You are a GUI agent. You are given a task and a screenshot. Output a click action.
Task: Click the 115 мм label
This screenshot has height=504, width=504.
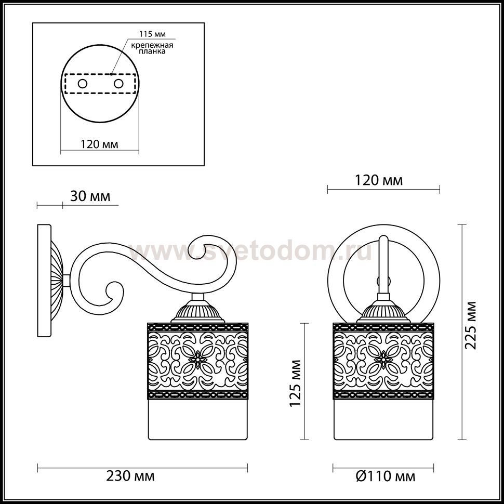click(x=152, y=34)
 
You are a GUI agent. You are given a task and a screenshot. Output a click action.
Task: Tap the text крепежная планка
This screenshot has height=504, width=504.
click(x=152, y=48)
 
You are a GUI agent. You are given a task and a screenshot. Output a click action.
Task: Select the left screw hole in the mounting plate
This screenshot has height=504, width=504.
click(x=82, y=84)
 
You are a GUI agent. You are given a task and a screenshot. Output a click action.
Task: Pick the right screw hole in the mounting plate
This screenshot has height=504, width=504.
click(x=118, y=84)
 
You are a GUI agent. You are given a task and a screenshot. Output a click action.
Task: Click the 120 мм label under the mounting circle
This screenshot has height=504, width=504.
click(x=99, y=144)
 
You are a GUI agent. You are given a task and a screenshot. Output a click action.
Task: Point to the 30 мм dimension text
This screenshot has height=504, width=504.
click(x=90, y=196)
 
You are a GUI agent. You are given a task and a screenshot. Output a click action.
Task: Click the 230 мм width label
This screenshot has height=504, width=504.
click(x=130, y=476)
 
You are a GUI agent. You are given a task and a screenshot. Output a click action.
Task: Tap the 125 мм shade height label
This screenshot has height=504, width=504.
click(x=296, y=383)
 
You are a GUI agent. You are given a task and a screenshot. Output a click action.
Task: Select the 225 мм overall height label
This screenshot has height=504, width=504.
click(x=471, y=325)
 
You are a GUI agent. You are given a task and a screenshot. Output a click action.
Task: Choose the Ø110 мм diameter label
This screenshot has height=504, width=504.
click(x=386, y=476)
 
